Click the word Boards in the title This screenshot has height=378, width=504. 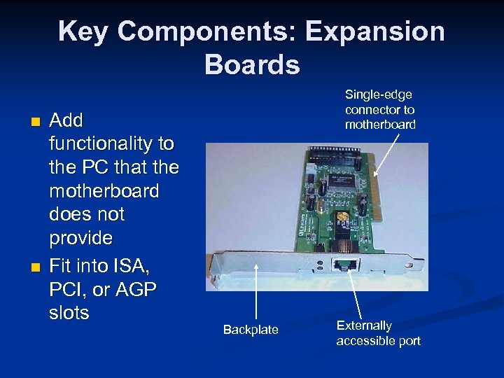(252, 64)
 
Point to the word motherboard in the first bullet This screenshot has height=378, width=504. (104, 190)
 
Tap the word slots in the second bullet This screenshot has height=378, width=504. (69, 313)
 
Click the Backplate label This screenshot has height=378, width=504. (250, 330)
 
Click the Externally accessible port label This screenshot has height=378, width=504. (378, 333)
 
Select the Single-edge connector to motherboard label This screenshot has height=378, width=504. (380, 110)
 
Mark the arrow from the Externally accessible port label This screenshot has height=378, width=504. (355, 294)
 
